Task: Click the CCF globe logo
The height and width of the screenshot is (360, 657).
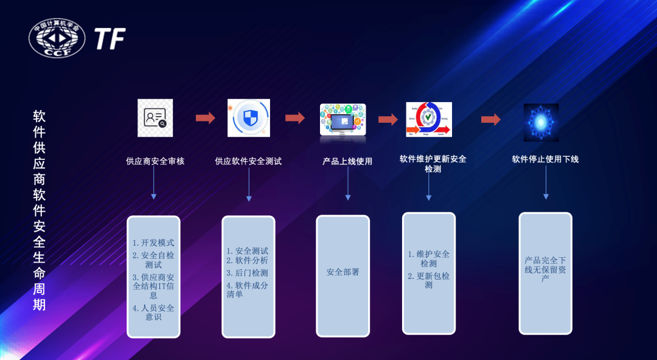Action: pyautogui.click(x=57, y=38)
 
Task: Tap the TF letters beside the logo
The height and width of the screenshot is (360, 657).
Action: pyautogui.click(x=109, y=38)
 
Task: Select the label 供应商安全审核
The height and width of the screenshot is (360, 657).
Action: pyautogui.click(x=155, y=161)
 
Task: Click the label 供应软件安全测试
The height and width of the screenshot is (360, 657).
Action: pyautogui.click(x=248, y=161)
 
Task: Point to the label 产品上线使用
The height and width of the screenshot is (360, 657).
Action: pyautogui.click(x=347, y=161)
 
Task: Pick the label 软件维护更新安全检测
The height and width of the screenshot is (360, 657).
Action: pyautogui.click(x=433, y=164)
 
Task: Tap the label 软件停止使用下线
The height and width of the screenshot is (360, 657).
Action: pyautogui.click(x=545, y=159)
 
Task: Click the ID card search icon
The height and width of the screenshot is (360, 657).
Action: pyautogui.click(x=155, y=118)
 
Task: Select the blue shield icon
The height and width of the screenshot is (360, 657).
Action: pyautogui.click(x=249, y=118)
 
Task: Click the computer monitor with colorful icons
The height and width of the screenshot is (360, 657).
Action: pyautogui.click(x=342, y=119)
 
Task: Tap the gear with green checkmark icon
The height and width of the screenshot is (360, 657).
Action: pyautogui.click(x=429, y=119)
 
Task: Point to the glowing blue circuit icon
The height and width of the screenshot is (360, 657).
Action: pyautogui.click(x=541, y=122)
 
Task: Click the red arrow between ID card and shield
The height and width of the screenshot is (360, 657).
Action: pyautogui.click(x=206, y=118)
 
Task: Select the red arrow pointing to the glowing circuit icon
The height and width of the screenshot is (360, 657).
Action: pyautogui.click(x=490, y=119)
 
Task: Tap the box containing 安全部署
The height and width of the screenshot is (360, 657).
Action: pyautogui.click(x=342, y=275)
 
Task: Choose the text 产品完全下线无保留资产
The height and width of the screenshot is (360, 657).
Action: pyautogui.click(x=545, y=269)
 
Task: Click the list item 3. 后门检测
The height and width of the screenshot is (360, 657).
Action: pyautogui.click(x=247, y=273)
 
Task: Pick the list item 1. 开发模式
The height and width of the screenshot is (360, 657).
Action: pyautogui.click(x=153, y=243)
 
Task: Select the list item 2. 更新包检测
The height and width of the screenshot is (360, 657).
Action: pyautogui.click(x=429, y=280)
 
